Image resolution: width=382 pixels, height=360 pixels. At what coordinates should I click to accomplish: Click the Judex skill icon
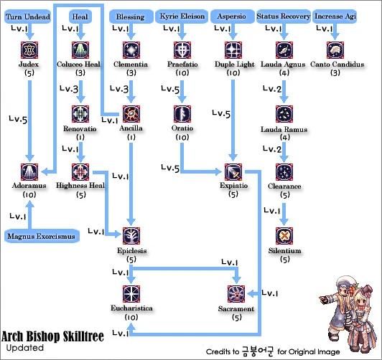30,49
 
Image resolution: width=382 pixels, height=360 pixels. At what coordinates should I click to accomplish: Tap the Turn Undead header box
27,16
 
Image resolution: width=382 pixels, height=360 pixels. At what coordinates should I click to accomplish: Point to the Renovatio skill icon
80,113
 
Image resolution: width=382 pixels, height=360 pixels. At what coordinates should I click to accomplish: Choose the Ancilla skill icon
131,113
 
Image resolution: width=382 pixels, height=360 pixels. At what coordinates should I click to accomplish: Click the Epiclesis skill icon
131,236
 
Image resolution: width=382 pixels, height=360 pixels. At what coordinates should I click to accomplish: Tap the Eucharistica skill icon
131,293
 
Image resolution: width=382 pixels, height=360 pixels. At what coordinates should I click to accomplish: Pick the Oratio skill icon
182,113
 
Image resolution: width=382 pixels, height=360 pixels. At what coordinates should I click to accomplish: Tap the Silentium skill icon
284,236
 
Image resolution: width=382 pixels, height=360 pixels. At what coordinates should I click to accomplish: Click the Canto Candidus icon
335,49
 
